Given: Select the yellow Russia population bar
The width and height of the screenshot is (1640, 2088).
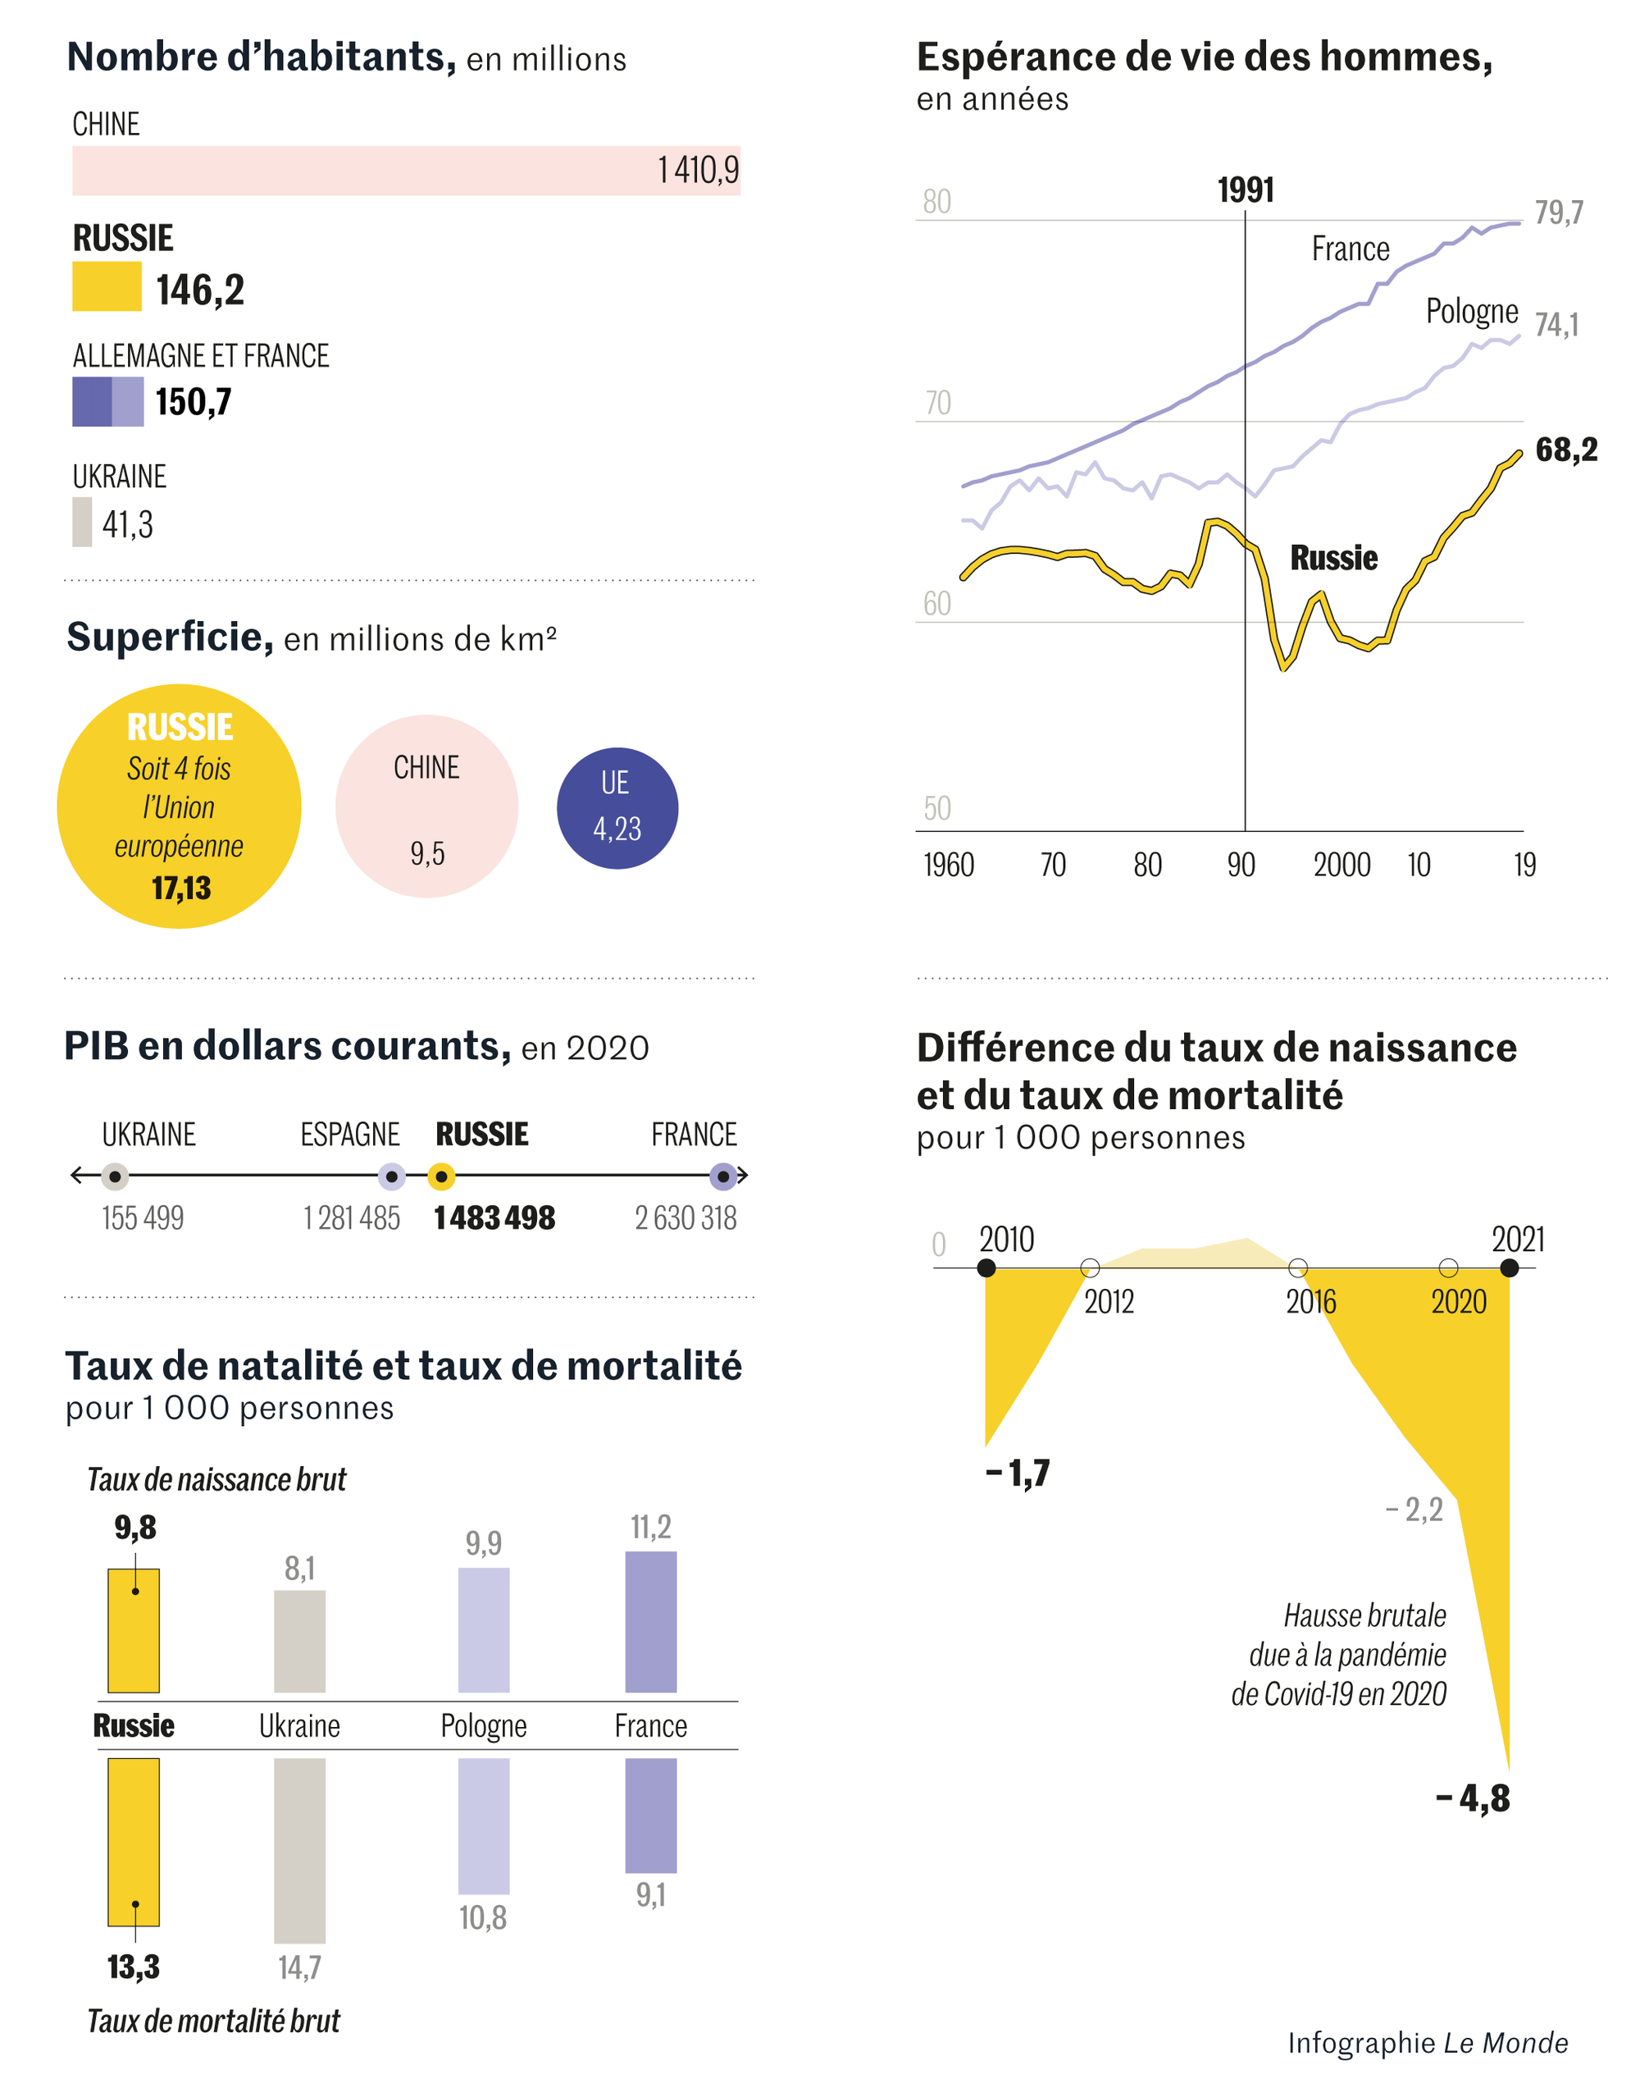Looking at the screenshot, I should point(107,287).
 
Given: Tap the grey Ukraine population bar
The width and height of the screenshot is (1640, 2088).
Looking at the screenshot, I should point(83,522).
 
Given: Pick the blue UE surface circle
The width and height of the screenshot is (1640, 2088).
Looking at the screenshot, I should point(617,808).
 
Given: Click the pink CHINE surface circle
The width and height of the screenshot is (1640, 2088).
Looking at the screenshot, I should point(426,806).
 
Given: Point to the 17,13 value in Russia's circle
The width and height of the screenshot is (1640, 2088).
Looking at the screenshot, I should point(181,888).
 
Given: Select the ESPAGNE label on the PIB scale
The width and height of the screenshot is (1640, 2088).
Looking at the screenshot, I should point(349,1135).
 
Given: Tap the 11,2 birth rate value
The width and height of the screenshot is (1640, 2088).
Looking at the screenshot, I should point(650,1526).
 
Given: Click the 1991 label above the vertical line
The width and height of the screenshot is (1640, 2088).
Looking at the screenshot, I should point(1246,190).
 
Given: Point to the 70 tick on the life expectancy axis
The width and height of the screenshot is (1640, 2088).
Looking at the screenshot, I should point(937,403).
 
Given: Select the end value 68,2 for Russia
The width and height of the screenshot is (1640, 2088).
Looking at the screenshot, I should point(1566,450).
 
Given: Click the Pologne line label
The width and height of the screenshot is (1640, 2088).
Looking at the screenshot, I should point(1471,311).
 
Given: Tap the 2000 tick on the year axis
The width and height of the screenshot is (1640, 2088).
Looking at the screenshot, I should point(1342,865).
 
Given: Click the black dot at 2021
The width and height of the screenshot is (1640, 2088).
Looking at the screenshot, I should point(1509,1268).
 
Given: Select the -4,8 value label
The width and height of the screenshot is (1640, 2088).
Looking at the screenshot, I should point(1473,1798).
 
